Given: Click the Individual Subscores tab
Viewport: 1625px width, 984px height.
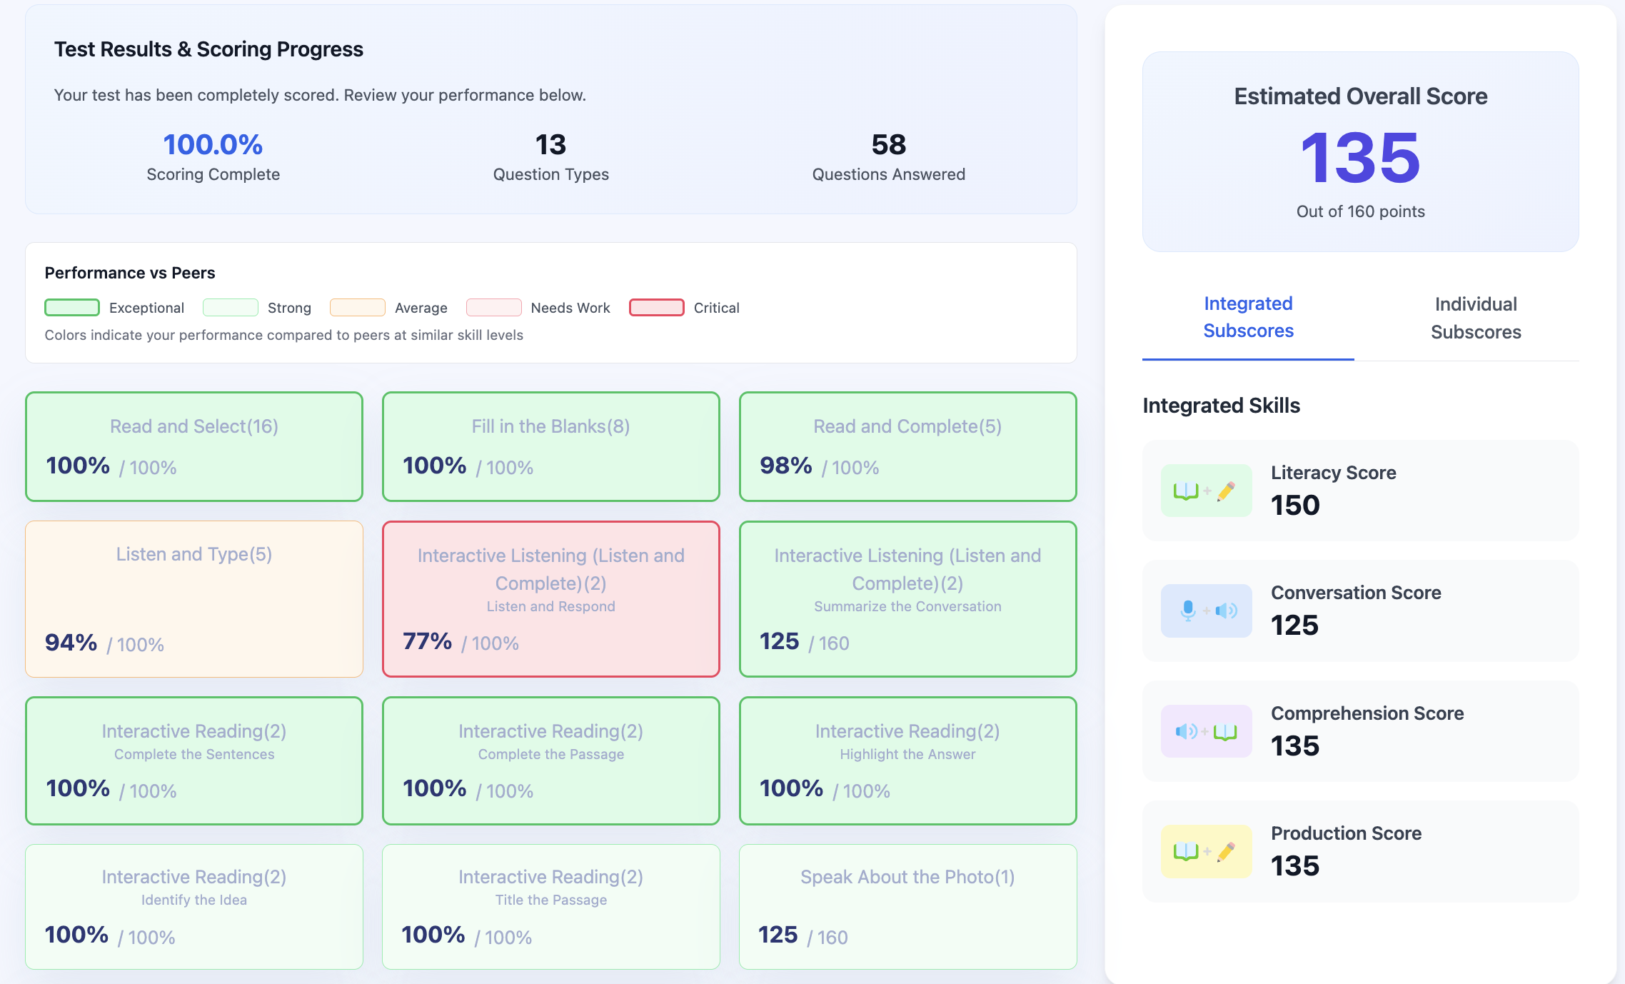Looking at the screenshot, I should pyautogui.click(x=1475, y=318).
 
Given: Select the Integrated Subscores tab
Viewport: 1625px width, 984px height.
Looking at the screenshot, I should pyautogui.click(x=1248, y=317).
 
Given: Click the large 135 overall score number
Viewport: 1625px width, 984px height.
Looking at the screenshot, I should pyautogui.click(x=1360, y=158).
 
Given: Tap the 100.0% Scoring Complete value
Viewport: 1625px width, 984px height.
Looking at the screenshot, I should pyautogui.click(x=213, y=145).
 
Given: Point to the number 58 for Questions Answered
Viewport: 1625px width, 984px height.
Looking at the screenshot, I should pyautogui.click(x=888, y=145).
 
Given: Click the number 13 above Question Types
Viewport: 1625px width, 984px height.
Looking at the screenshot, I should pyautogui.click(x=550, y=145).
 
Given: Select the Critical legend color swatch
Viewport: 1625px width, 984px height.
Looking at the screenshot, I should pyautogui.click(x=656, y=308).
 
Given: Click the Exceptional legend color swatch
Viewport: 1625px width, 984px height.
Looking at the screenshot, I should pyautogui.click(x=72, y=308).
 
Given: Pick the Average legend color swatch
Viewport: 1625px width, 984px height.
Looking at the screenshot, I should pyautogui.click(x=357, y=308).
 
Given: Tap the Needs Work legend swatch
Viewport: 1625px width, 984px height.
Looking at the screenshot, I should pyautogui.click(x=493, y=308).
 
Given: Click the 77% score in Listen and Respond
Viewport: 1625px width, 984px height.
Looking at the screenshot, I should pyautogui.click(x=427, y=641).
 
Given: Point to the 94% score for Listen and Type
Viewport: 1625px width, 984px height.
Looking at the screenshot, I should pyautogui.click(x=71, y=643).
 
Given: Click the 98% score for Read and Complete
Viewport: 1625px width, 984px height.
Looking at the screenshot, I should pyautogui.click(x=785, y=466).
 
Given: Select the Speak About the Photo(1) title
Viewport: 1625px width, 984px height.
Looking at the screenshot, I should pyautogui.click(x=907, y=877).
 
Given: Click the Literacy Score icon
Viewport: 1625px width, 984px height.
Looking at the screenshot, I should pyautogui.click(x=1206, y=491).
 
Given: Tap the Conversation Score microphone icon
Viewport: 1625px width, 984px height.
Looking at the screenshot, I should pyautogui.click(x=1189, y=611).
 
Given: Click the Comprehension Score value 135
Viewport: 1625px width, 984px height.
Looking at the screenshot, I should pyautogui.click(x=1294, y=746).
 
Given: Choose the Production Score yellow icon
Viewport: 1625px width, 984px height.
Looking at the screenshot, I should pyautogui.click(x=1206, y=851).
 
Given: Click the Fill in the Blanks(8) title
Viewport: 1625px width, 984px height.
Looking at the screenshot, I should pyautogui.click(x=550, y=426).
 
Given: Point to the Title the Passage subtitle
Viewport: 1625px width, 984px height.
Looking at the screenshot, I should pyautogui.click(x=550, y=900).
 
